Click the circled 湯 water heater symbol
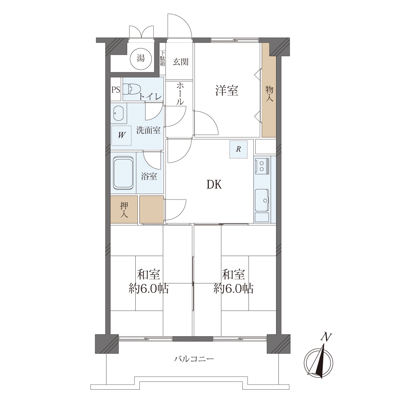click(x=141, y=58)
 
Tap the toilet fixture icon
click(x=132, y=89)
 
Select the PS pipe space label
click(x=116, y=90)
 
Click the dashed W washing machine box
click(x=121, y=136)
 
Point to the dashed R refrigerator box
click(x=238, y=149)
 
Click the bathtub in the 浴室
click(x=123, y=173)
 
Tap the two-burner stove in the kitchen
click(x=262, y=166)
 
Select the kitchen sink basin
click(x=262, y=200)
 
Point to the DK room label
click(x=214, y=185)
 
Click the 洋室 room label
click(x=227, y=91)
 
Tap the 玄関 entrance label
click(x=181, y=62)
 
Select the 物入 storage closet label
click(x=269, y=94)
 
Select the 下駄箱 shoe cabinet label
click(x=163, y=58)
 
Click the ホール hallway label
click(x=180, y=94)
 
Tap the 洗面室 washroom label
click(x=148, y=130)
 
